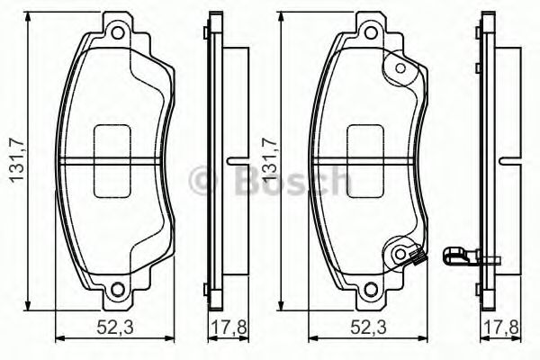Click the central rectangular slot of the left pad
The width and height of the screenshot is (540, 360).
(114, 162)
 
